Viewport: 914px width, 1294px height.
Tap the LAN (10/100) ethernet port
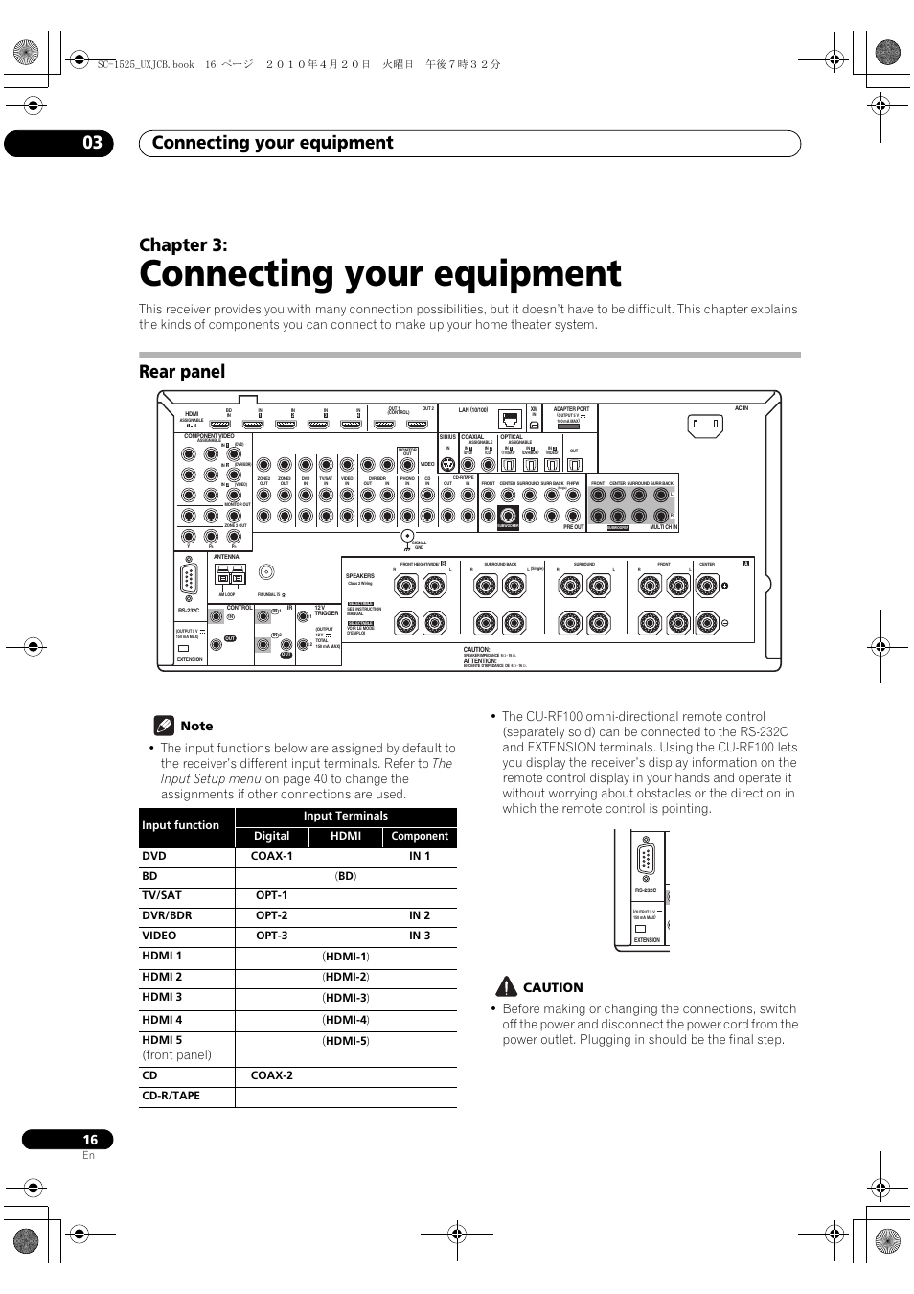511,419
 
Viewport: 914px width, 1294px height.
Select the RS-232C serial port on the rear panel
188,581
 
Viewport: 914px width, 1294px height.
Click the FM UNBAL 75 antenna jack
266,572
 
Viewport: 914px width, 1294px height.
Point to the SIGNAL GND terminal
407,536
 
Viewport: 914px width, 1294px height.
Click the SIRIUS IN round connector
446,464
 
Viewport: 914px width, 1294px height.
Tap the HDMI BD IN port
230,424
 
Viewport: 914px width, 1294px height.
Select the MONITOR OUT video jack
407,464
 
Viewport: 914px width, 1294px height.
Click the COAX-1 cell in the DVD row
272,856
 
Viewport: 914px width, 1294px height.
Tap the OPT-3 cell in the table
272,936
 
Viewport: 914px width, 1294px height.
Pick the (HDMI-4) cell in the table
346,1020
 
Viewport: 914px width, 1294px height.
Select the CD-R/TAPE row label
171,1096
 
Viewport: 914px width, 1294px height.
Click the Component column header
420,837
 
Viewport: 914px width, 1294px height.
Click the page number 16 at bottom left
90,1140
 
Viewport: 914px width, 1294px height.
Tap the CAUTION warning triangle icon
507,986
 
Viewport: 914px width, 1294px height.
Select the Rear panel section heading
182,372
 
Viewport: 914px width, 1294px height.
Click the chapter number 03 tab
91,143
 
